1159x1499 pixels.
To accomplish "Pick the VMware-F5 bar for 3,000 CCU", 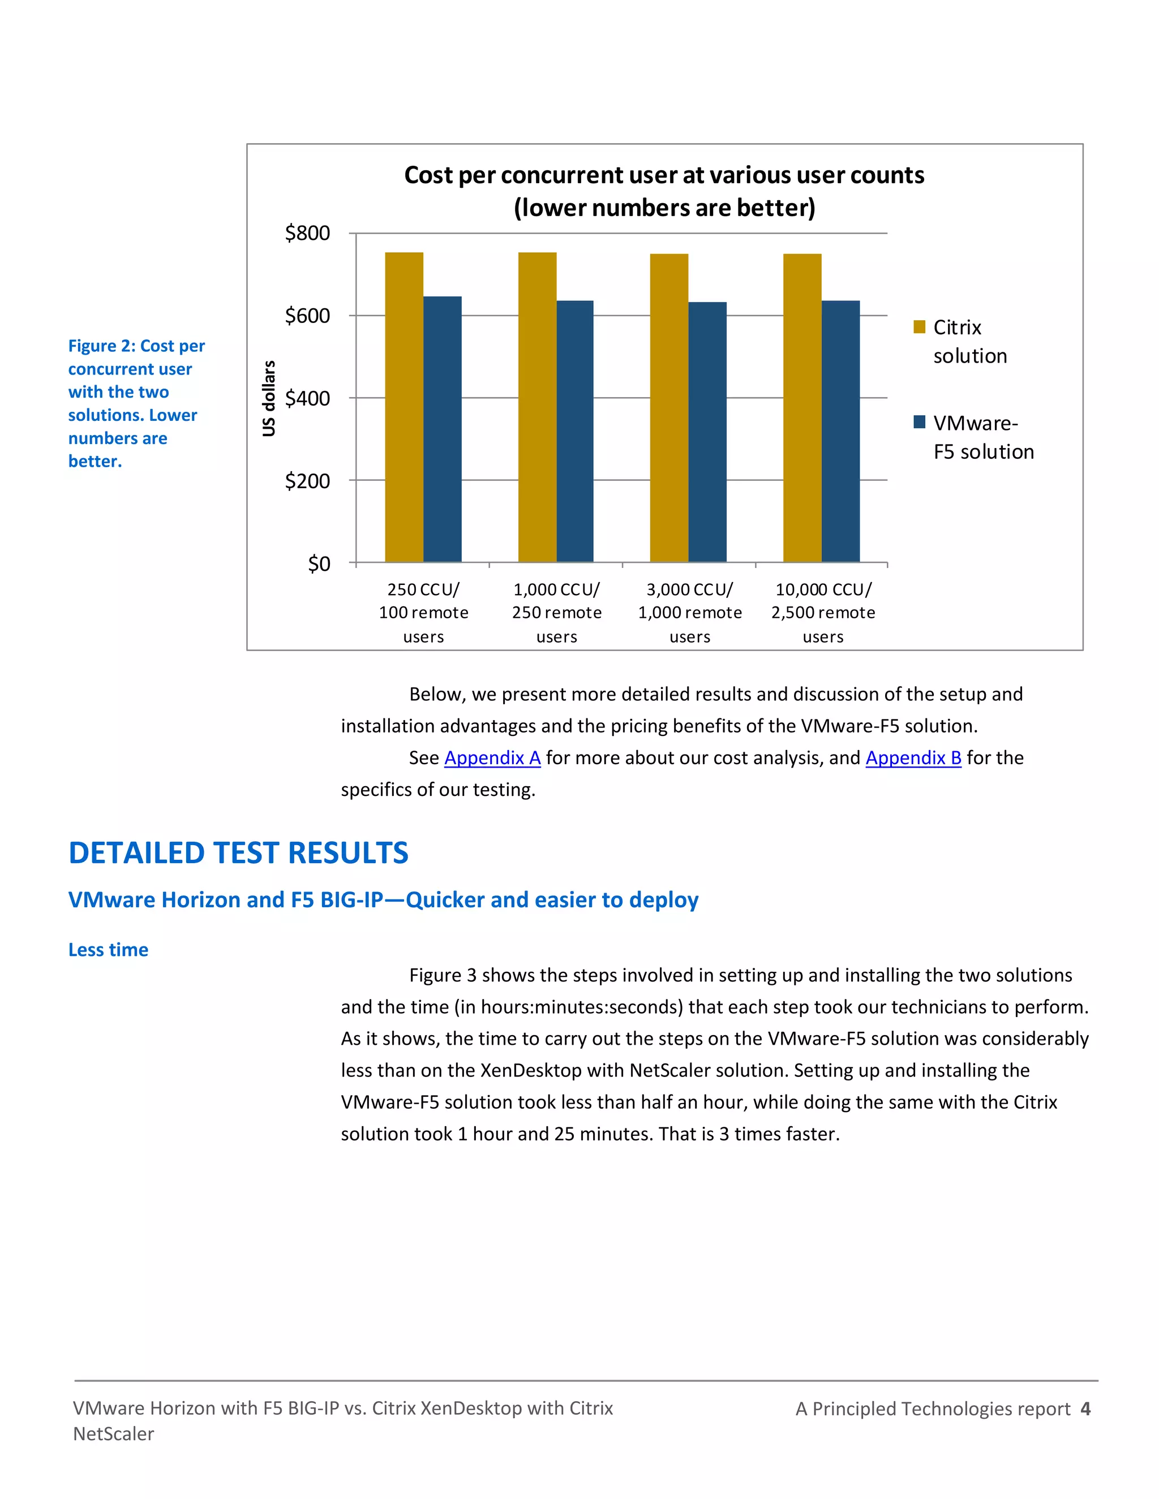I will pos(707,432).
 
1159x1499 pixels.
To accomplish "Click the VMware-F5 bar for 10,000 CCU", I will pos(840,431).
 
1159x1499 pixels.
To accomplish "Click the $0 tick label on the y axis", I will pos(319,563).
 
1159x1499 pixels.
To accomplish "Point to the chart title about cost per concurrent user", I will pos(664,191).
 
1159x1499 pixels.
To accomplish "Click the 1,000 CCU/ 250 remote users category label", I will pos(556,612).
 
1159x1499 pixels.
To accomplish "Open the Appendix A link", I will pos(492,758).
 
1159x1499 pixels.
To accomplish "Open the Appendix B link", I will pos(913,758).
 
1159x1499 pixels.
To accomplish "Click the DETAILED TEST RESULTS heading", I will pos(238,853).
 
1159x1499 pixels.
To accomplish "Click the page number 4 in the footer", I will pos(1085,1408).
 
